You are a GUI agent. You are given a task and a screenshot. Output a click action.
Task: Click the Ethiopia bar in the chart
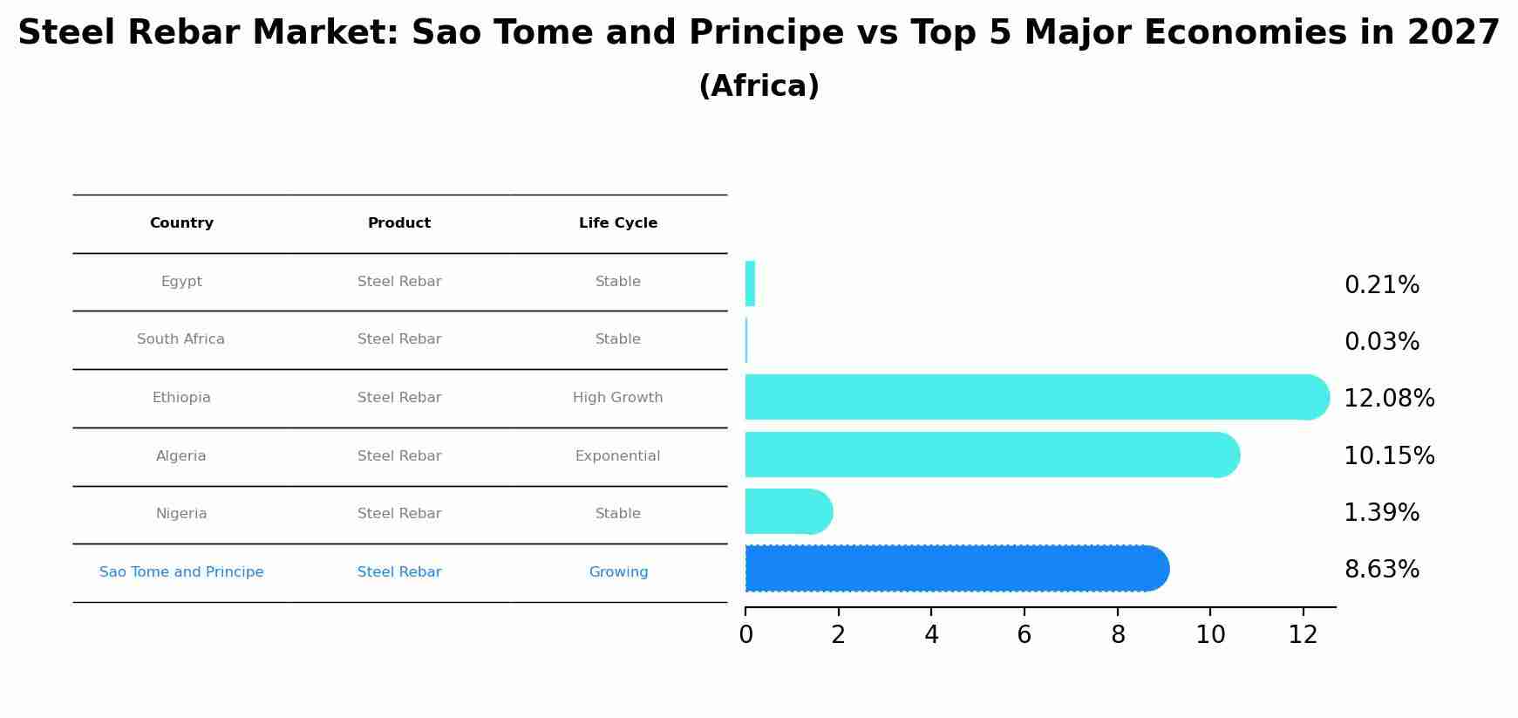click(1038, 397)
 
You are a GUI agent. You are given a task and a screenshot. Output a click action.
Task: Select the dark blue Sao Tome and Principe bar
click(957, 569)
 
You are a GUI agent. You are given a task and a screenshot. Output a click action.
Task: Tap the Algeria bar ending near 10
click(992, 455)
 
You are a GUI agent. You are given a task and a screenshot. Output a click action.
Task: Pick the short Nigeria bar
click(789, 511)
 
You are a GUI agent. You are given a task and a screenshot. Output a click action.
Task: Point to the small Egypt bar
click(750, 284)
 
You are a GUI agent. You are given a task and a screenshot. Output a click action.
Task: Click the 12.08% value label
click(1389, 399)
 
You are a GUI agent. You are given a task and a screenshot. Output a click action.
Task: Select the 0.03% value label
click(1382, 342)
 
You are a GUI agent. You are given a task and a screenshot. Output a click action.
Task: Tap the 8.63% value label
click(1382, 570)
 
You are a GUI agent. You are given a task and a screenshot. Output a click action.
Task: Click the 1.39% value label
click(1382, 513)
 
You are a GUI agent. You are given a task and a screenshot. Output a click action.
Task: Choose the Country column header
click(181, 223)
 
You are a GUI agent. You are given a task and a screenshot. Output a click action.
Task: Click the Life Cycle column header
click(618, 223)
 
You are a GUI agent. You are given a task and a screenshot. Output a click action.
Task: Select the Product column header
click(399, 223)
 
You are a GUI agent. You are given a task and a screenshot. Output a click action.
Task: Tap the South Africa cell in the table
click(181, 339)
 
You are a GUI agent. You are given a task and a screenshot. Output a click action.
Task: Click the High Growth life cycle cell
click(618, 398)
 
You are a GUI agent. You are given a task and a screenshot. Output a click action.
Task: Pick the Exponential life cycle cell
click(618, 456)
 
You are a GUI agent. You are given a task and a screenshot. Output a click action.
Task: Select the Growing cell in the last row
click(619, 572)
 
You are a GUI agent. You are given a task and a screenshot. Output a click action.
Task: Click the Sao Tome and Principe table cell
click(181, 572)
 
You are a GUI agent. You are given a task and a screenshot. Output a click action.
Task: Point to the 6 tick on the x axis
click(1024, 634)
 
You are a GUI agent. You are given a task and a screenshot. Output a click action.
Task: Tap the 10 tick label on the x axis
click(1210, 634)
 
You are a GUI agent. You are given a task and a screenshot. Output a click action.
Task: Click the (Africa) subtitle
click(759, 86)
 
